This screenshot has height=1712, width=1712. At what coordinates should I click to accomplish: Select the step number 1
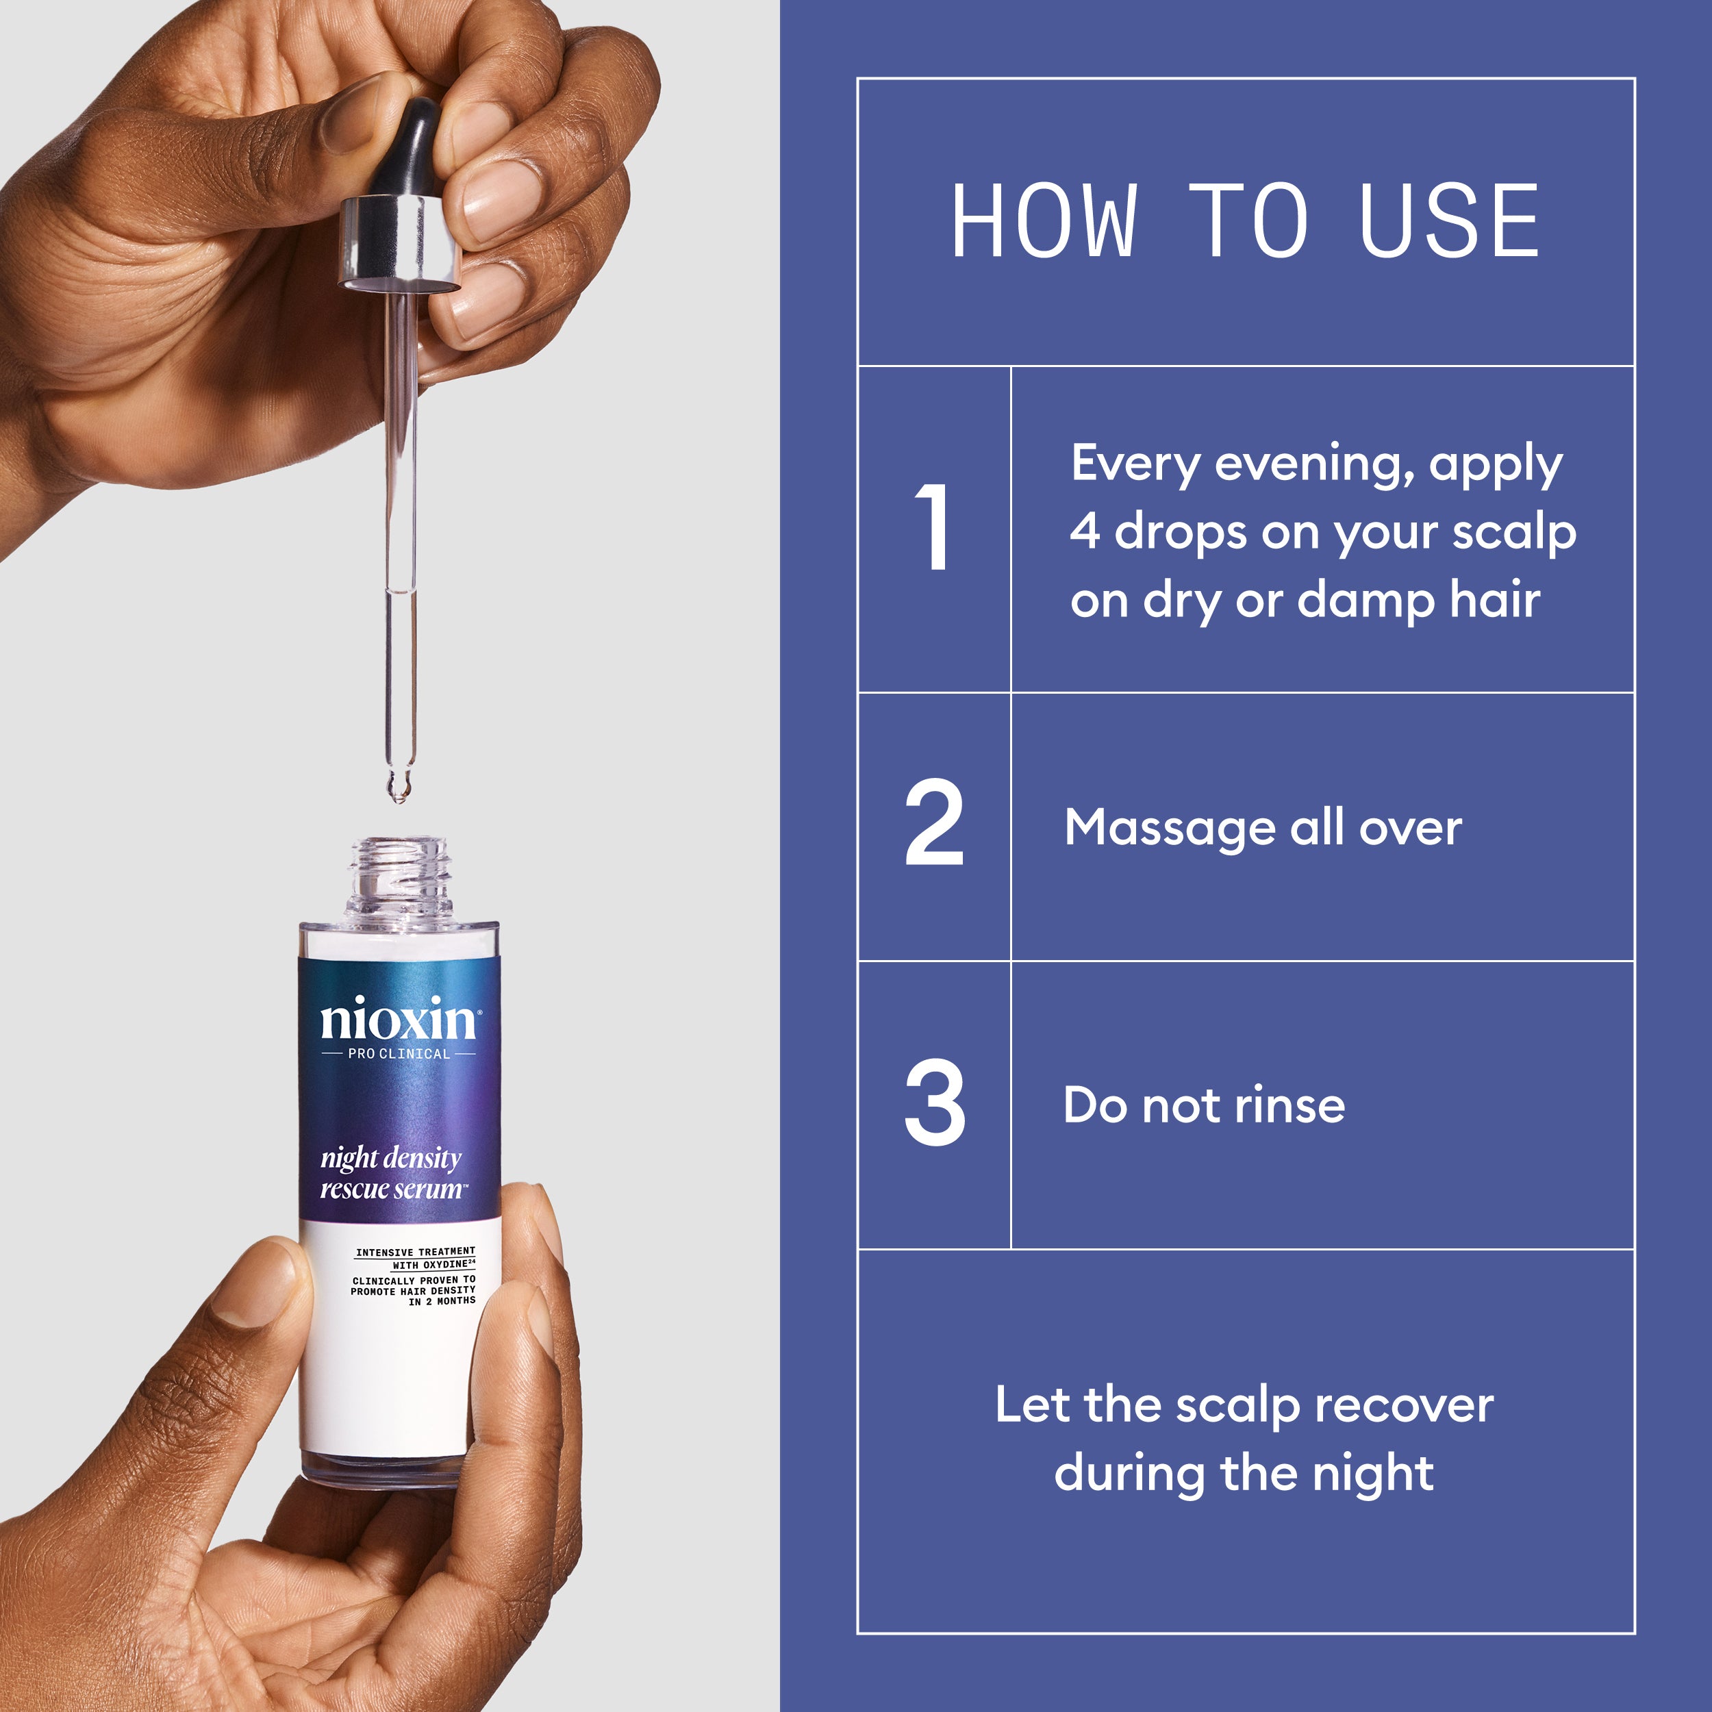pos(933,527)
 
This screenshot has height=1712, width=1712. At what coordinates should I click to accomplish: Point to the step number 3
pos(934,1103)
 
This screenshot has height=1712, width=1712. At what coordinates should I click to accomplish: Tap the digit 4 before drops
pos(1085,531)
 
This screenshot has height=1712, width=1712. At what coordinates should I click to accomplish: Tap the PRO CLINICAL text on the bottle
pos(399,1054)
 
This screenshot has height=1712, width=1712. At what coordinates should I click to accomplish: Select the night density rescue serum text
pos(392,1172)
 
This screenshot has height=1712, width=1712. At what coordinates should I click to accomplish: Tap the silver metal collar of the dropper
pos(401,241)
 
